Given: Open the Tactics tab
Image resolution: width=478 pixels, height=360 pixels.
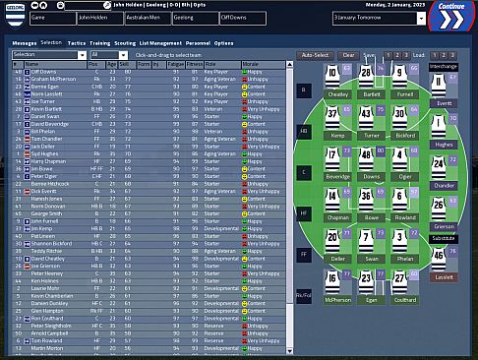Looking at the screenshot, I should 76,43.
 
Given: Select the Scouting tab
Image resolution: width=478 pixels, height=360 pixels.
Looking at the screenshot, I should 125,43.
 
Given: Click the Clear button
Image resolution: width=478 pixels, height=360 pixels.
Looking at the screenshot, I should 349,55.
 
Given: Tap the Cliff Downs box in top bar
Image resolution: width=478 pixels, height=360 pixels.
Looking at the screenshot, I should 242,18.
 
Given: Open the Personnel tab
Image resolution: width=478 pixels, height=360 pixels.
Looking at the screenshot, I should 197,43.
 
